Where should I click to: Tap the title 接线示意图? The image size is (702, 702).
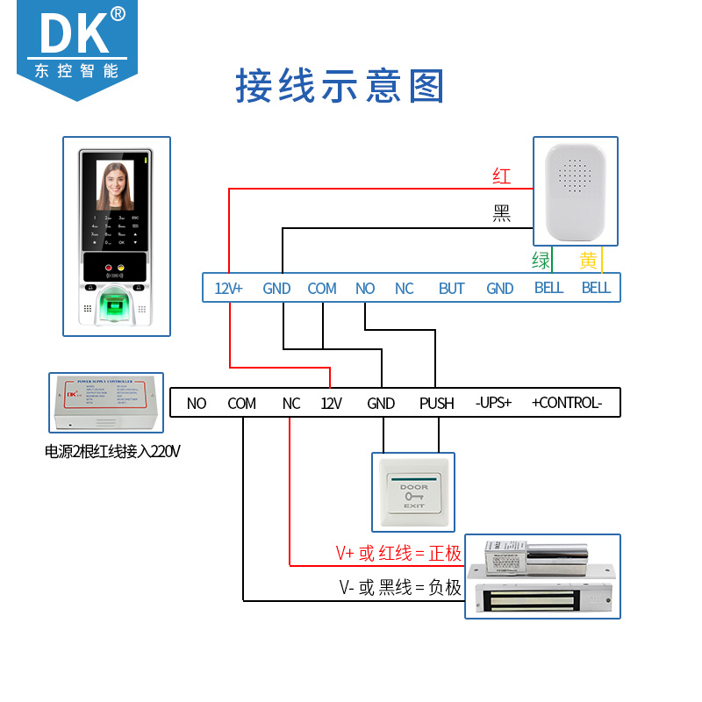tap(340, 87)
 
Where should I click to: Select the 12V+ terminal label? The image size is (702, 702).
tap(228, 288)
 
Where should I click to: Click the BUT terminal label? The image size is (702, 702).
tap(451, 288)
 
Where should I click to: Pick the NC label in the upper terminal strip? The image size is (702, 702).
tap(404, 288)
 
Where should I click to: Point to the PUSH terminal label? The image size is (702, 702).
tap(436, 404)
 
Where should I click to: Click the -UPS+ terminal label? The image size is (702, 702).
tap(493, 404)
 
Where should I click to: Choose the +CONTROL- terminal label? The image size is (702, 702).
tap(567, 404)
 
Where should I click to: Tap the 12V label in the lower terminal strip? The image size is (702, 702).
tap(330, 404)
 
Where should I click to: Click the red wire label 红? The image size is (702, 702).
tap(501, 176)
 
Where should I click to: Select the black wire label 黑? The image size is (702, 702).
tap(501, 213)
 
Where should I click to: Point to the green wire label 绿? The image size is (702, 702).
tap(541, 261)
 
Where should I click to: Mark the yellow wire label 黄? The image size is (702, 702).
tap(588, 261)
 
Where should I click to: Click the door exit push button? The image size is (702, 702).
tap(413, 492)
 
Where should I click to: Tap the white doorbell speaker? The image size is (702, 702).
tap(576, 191)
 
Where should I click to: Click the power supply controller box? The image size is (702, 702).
tap(106, 403)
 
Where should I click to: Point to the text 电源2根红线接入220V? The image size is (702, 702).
tap(112, 453)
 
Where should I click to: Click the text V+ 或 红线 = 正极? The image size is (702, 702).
tap(398, 553)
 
